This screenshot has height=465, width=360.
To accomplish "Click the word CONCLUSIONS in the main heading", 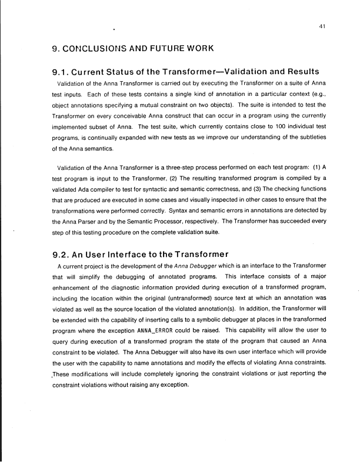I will [x=98, y=48].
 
